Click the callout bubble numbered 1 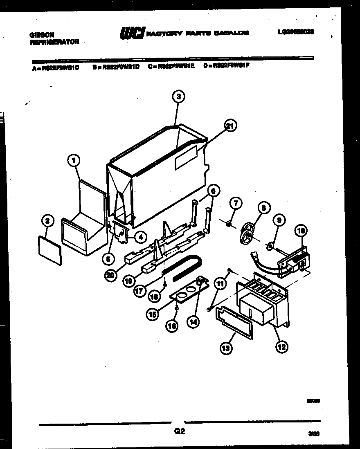pos(74,161)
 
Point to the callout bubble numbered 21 pos(230,126)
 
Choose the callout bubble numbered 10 pos(301,231)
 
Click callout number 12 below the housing pos(281,347)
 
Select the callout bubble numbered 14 pos(193,321)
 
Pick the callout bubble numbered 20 pos(109,275)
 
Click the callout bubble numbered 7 pos(236,202)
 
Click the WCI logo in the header pos(132,33)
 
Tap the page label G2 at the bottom pos(179,431)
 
